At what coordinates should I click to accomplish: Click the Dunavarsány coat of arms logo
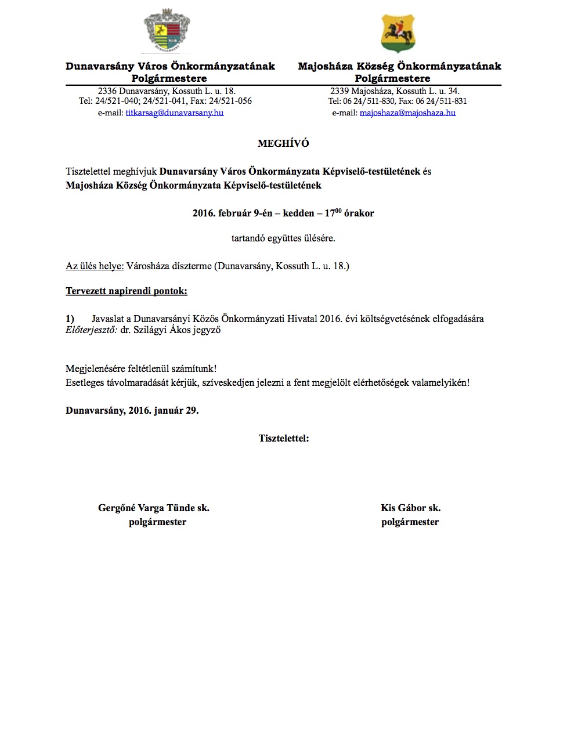click(167, 31)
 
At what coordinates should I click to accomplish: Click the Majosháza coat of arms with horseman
click(398, 33)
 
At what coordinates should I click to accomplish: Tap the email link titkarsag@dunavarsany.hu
click(175, 113)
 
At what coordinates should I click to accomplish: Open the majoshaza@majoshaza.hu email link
click(407, 113)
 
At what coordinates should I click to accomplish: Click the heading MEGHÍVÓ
click(283, 143)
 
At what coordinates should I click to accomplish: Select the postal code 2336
click(107, 91)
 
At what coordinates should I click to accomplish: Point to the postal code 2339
click(340, 91)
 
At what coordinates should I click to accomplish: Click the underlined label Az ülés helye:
click(95, 266)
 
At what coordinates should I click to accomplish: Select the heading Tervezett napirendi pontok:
click(127, 291)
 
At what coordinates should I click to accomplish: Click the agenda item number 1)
click(70, 319)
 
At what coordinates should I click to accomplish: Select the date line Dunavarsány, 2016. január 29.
click(132, 410)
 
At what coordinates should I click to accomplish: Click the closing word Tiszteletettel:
click(284, 438)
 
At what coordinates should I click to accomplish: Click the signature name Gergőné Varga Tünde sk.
click(154, 508)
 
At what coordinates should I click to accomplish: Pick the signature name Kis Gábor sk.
click(410, 508)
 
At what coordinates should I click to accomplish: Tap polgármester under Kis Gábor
click(410, 522)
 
